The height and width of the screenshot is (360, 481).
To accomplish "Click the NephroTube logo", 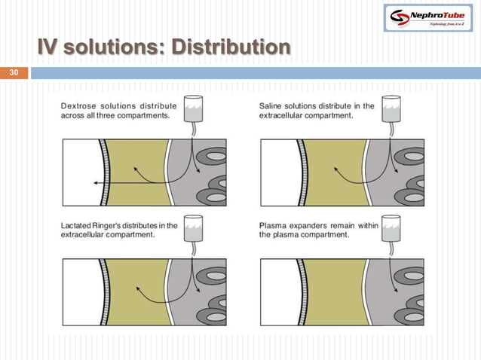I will pyautogui.click(x=426, y=17).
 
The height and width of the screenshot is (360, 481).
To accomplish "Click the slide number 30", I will pyautogui.click(x=13, y=73).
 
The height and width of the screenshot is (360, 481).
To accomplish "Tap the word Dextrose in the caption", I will pyautogui.click(x=78, y=106).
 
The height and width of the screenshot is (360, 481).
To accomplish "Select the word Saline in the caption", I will pyautogui.click(x=274, y=106).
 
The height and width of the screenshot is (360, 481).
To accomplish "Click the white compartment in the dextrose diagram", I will pyautogui.click(x=79, y=172).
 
